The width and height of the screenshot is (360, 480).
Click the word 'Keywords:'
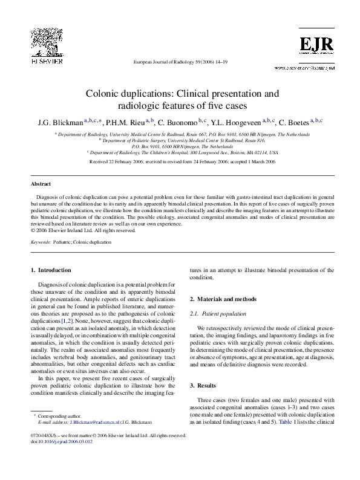pos(41,241)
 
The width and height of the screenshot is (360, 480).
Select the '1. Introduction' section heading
pos(51,270)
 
